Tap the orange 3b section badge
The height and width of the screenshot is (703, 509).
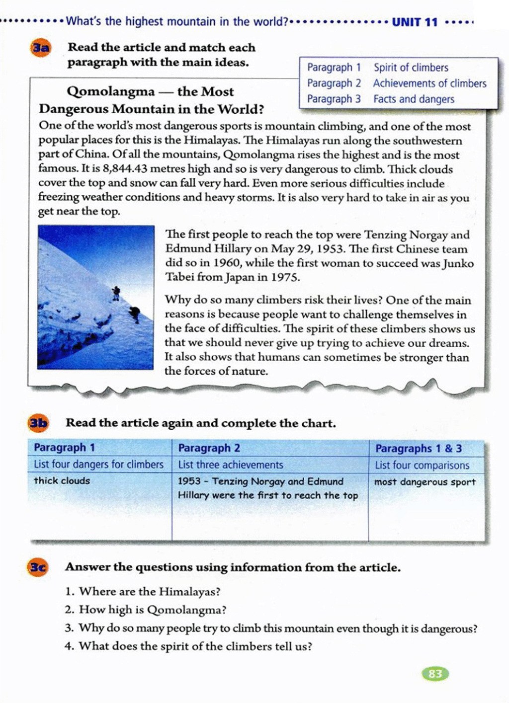pyautogui.click(x=38, y=423)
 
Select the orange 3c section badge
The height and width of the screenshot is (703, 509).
pyautogui.click(x=38, y=567)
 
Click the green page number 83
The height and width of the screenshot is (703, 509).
pyautogui.click(x=435, y=674)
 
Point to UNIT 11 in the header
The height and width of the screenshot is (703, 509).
pyautogui.click(x=415, y=22)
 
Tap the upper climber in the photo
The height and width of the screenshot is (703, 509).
pyautogui.click(x=116, y=293)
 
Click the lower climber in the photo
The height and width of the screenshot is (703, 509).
pyautogui.click(x=134, y=314)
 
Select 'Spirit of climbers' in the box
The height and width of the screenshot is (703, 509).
pyautogui.click(x=411, y=68)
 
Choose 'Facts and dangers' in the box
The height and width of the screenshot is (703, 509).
pyautogui.click(x=414, y=99)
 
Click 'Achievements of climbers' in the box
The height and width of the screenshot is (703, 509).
pyautogui.click(x=429, y=83)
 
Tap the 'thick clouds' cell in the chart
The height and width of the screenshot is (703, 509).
pyautogui.click(x=62, y=481)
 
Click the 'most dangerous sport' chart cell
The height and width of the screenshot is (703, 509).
pyautogui.click(x=424, y=482)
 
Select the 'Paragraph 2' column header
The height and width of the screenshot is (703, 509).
pyautogui.click(x=209, y=448)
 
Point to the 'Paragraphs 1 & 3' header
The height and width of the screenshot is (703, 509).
pyautogui.click(x=419, y=449)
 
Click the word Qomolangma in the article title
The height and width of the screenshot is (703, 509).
pyautogui.click(x=110, y=92)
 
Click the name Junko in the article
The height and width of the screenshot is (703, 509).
pyautogui.click(x=458, y=263)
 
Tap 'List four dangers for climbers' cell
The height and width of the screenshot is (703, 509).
pyautogui.click(x=98, y=465)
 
